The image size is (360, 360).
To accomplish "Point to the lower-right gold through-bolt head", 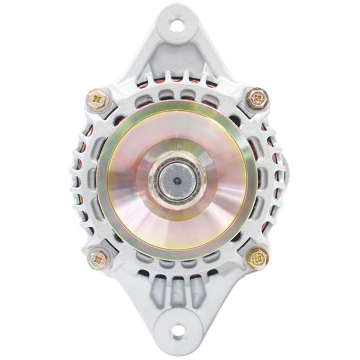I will coord(258,258).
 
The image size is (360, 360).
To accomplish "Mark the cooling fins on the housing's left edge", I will coord(81,180).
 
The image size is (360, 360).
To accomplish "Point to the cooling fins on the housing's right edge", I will coord(274,180).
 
